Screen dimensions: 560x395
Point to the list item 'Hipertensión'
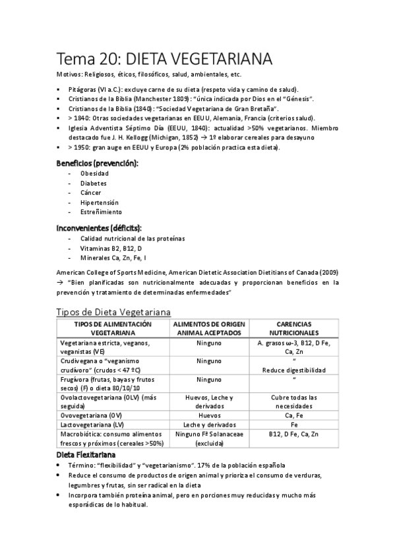[100, 202]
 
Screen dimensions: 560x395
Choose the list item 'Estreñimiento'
[101, 212]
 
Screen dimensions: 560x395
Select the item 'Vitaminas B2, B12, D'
[111, 248]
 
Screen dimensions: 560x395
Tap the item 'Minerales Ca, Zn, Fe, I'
[113, 258]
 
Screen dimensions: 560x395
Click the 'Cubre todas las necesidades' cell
[294, 402]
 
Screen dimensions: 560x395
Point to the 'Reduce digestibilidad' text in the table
[294, 370]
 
